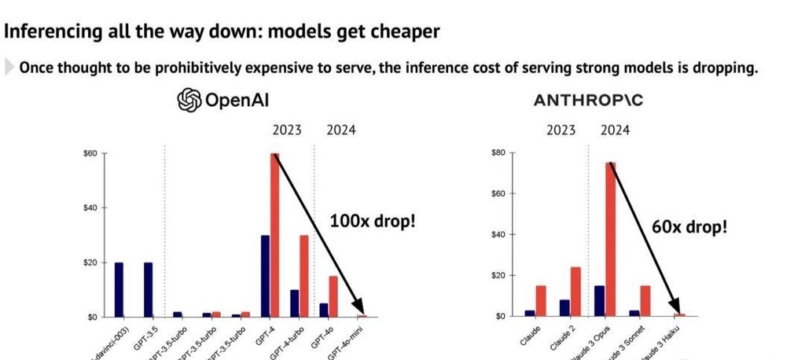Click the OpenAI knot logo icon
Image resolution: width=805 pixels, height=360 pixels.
coord(189,101)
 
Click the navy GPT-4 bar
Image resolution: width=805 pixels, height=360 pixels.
coord(266,276)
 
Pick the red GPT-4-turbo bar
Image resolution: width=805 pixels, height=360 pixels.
coord(303,276)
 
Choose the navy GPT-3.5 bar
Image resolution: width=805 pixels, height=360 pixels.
coord(148,289)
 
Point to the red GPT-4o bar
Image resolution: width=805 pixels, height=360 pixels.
coord(333,296)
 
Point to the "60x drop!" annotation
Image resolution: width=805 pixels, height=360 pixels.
coord(689,228)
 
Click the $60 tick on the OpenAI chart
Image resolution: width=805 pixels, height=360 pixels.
coord(90,153)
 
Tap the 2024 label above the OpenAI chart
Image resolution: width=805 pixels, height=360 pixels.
coord(340,130)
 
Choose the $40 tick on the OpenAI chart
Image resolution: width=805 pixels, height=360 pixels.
coord(90,208)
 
